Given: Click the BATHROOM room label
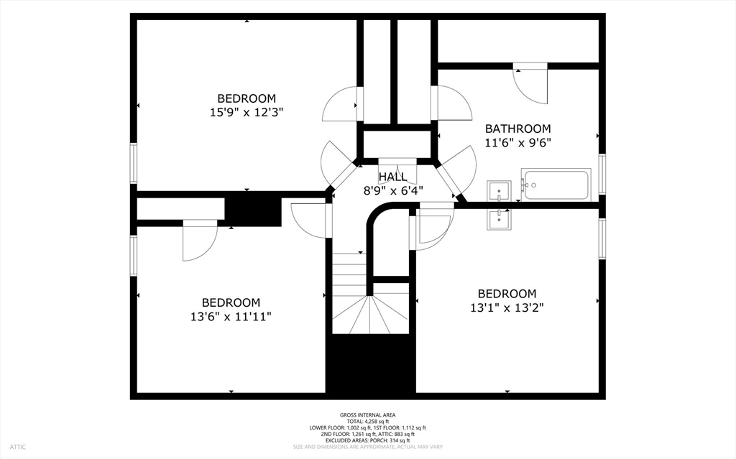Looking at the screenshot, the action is pos(517,129).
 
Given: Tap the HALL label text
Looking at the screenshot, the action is pos(393,177).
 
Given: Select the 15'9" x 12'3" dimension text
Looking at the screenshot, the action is pos(247,113).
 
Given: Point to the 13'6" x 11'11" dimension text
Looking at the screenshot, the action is pos(231,317).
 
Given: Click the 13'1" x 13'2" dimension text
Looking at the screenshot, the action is pos(507,308).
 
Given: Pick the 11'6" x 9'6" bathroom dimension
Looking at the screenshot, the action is pos(517,143).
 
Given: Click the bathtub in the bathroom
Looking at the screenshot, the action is pos(556,185).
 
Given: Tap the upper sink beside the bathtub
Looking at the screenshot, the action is pos(499,191).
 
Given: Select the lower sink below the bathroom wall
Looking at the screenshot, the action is pos(499,219).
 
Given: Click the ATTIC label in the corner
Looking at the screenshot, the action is pos(18,447).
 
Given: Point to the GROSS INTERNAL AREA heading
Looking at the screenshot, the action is pos(367,415).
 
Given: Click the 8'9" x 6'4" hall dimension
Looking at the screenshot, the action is pos(393,191).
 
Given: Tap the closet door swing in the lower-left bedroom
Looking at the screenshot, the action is pos(200,241).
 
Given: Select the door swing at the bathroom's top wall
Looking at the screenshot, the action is pos(530,83).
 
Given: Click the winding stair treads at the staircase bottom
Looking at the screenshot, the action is pos(371,315).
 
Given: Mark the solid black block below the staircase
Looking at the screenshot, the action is pos(371,363).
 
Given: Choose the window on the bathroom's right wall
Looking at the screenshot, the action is pos(602,174).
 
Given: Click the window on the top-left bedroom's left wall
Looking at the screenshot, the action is pos(134,163).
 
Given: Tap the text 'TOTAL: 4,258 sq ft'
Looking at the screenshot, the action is pos(367,422).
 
